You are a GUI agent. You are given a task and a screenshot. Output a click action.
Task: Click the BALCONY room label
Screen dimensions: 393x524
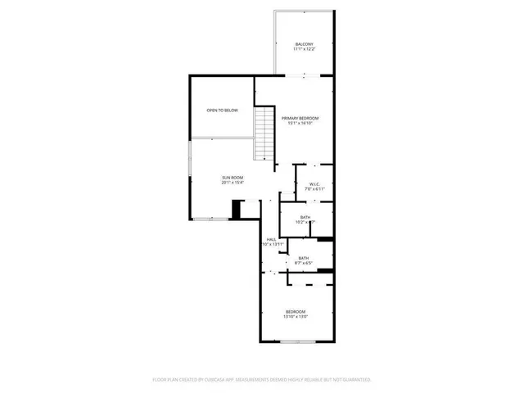click(x=304, y=44)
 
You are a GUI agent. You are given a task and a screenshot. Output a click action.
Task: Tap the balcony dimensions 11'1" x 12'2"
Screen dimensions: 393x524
click(x=304, y=49)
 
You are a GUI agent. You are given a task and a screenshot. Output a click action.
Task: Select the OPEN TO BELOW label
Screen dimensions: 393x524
click(x=222, y=110)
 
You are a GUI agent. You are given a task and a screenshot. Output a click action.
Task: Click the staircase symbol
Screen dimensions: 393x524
click(x=264, y=134)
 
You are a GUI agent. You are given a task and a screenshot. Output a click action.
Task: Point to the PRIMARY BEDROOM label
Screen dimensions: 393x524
click(x=300, y=119)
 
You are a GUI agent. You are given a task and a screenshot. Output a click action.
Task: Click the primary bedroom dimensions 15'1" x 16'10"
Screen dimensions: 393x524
click(x=300, y=124)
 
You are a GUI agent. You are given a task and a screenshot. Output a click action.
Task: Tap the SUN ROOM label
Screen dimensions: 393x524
click(x=232, y=178)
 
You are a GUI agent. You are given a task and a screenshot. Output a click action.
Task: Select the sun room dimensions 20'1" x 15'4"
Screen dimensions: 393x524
click(x=232, y=183)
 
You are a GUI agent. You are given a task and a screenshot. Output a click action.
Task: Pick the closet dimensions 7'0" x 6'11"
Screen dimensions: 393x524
click(x=315, y=189)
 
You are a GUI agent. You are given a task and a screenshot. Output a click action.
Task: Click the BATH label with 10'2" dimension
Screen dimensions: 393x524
click(x=305, y=217)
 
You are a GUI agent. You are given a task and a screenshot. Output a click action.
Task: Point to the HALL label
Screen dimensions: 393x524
click(x=271, y=239)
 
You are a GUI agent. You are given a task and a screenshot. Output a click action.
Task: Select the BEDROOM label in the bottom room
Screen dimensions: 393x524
click(x=296, y=311)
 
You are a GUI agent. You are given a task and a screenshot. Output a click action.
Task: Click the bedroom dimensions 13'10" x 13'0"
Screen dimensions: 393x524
click(x=296, y=316)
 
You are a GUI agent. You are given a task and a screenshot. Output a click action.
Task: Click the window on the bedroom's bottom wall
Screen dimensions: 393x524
click(x=296, y=341)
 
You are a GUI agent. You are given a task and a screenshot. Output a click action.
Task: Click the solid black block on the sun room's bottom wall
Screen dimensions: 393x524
click(x=237, y=210)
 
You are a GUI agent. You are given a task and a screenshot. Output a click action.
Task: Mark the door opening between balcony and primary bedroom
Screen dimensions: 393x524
click(x=304, y=75)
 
